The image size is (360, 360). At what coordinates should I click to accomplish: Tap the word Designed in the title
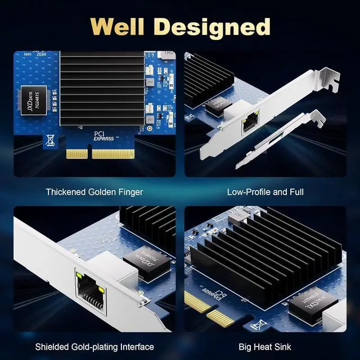217,26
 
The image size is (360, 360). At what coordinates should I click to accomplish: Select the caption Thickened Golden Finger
94,192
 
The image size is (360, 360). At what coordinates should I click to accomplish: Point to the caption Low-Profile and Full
265,192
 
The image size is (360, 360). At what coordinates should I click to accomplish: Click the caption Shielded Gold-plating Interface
94,346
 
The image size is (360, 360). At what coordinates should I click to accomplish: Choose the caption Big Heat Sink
265,346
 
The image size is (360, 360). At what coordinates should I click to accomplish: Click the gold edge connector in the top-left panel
103,153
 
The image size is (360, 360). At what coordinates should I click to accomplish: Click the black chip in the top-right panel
214,105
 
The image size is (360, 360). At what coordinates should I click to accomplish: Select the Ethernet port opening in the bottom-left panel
91,290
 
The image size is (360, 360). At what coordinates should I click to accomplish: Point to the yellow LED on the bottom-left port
101,290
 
